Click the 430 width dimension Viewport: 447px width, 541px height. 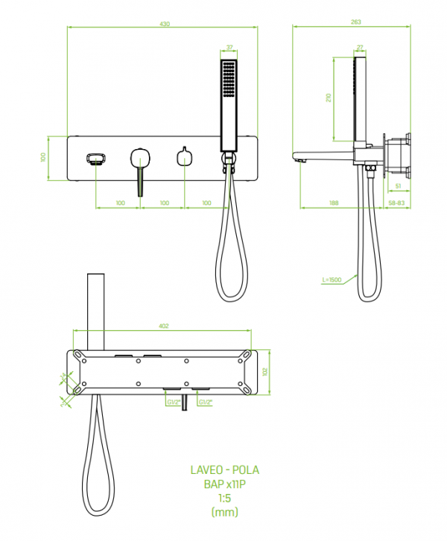pos(164,25)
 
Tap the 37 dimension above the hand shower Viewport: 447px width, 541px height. pos(229,47)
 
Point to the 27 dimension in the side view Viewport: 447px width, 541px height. pos(360,47)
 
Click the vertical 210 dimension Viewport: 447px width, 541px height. pos(328,98)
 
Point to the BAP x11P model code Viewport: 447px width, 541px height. pos(226,485)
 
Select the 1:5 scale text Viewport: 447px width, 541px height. pos(226,499)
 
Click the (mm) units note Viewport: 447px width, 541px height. pos(226,513)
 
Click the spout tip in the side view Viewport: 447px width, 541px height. pos(299,158)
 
